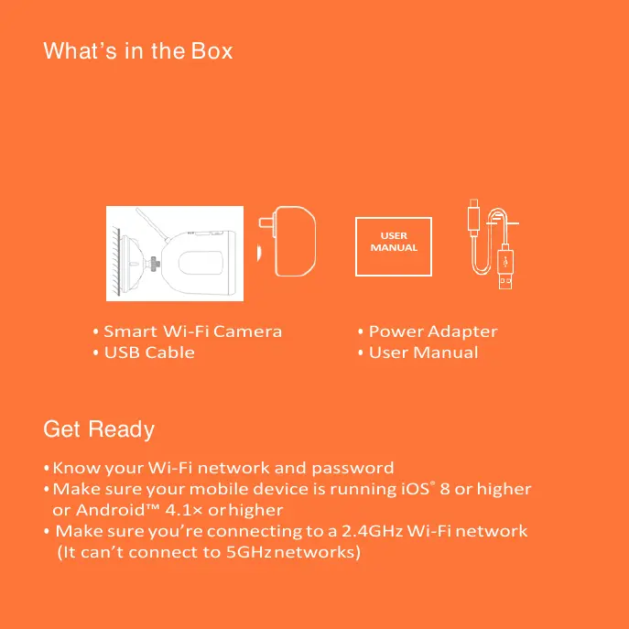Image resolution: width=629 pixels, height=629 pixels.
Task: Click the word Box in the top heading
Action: point(211,51)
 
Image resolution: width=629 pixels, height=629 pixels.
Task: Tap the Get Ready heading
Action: point(99,429)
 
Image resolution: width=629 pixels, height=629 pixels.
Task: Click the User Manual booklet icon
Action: point(394,246)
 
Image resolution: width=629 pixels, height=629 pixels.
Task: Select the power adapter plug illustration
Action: point(287,241)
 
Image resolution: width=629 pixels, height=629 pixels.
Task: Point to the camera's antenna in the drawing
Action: point(152,225)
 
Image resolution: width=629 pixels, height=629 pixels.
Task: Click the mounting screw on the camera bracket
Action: point(154,264)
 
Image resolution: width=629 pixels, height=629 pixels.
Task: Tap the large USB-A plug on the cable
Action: point(505,269)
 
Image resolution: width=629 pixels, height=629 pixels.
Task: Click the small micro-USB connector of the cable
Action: point(473,217)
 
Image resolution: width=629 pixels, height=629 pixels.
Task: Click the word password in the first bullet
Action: point(353,469)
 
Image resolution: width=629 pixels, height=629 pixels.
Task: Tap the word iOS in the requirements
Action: point(416,489)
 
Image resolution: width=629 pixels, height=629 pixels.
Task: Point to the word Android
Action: point(110,510)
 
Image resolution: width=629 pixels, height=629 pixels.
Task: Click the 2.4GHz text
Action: point(373,531)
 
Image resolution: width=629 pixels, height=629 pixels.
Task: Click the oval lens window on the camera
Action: point(201,263)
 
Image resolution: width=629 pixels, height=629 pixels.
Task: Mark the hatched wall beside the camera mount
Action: point(116,261)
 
